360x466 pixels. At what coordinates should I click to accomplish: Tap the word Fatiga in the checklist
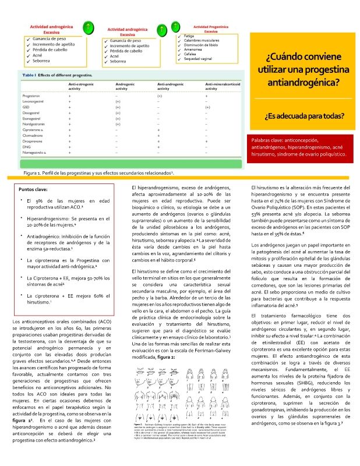coord(189,36)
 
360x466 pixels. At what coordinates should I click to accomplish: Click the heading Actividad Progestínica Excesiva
coord(210,29)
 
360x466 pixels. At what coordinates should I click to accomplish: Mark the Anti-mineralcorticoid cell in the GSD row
coord(207,108)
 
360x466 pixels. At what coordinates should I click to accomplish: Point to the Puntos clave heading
coord(34,190)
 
